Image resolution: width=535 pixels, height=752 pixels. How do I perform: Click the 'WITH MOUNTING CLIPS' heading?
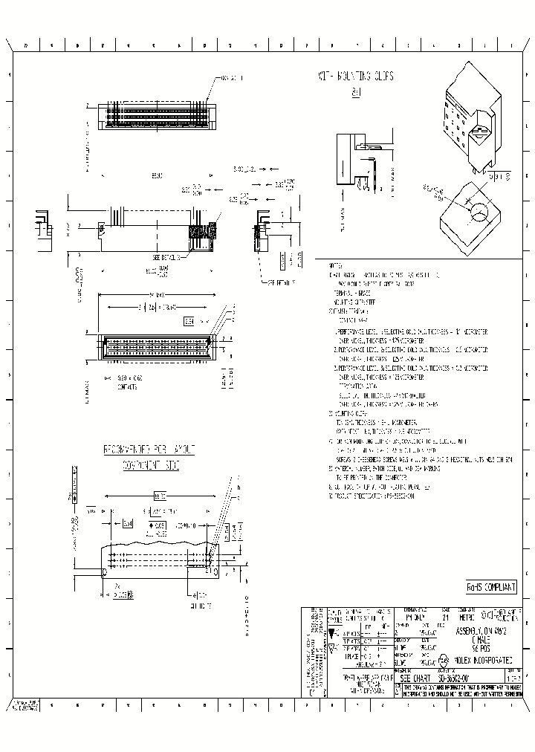(355, 77)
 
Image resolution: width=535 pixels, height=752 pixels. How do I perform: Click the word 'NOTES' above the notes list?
(335, 265)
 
